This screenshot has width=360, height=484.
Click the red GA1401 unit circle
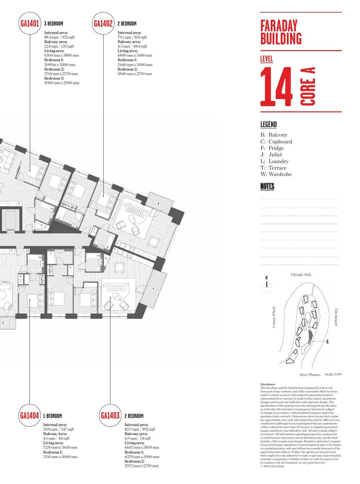click(x=30, y=23)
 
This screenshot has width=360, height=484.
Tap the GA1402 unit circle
click(x=103, y=23)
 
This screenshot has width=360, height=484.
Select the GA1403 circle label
click(x=110, y=415)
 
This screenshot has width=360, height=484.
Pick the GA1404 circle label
click(x=30, y=415)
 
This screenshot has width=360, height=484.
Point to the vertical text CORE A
click(x=308, y=86)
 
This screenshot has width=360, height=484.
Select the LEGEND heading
click(x=268, y=125)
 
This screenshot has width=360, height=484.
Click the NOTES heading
click(x=267, y=186)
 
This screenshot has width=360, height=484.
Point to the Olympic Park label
click(x=301, y=275)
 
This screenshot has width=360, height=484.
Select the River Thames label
click(x=310, y=375)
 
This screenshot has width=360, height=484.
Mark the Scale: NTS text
click(x=333, y=374)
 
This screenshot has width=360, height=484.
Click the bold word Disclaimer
click(x=268, y=384)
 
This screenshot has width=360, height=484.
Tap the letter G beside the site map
click(x=328, y=342)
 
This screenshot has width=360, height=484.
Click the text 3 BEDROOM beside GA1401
click(x=53, y=24)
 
